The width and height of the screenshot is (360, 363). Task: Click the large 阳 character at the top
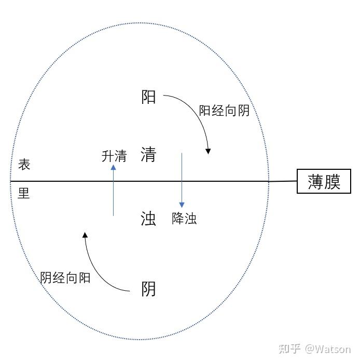148,97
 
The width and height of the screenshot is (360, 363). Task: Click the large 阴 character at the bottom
148,289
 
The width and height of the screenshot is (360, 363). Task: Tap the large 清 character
148,154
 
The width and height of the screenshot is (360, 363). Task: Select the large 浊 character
148,219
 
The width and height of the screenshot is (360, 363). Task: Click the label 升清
114,156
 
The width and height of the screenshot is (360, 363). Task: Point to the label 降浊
184,218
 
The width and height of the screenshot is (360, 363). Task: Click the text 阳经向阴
224,111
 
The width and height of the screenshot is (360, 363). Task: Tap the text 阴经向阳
65,277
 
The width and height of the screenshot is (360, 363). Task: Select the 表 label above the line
24,165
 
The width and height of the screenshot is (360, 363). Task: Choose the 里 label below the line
23,193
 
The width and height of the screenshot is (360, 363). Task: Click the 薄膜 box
324,181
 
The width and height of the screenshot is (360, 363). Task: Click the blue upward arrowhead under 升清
113,167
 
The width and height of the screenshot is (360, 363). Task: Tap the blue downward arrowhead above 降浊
182,205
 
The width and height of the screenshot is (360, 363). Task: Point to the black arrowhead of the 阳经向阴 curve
208,151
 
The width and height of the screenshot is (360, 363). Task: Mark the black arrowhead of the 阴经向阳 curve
85,235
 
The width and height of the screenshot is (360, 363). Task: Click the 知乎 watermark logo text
289,348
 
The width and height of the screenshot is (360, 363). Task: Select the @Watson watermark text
328,349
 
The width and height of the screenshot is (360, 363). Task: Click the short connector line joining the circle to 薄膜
283,182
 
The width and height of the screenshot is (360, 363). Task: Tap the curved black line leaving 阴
98,273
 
